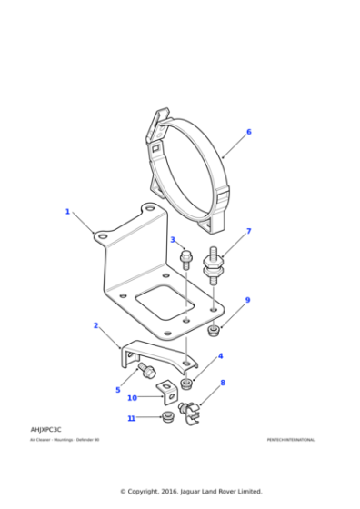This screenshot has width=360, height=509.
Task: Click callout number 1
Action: [x=66, y=212]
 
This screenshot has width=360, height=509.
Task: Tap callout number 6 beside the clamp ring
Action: [x=248, y=132]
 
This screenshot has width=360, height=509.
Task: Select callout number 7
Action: [x=248, y=231]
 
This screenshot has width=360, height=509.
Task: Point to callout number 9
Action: [x=247, y=300]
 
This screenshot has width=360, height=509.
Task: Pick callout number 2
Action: [x=95, y=324]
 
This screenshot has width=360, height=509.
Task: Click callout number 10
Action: [x=132, y=397]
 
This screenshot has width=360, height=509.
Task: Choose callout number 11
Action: [x=131, y=418]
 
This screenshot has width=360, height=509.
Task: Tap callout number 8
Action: [x=222, y=383]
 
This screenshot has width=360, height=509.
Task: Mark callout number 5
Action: [x=117, y=390]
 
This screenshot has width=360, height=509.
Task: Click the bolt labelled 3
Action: [x=186, y=257]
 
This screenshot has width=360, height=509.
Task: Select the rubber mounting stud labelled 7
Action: [x=215, y=264]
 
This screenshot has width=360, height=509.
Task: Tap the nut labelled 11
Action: [x=165, y=418]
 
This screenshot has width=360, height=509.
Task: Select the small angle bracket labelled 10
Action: [x=166, y=393]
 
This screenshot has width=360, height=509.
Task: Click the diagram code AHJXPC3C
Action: [x=46, y=428]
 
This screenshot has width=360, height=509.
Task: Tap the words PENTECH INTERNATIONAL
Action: [x=291, y=440]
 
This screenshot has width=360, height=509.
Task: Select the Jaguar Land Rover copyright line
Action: [x=191, y=491]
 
